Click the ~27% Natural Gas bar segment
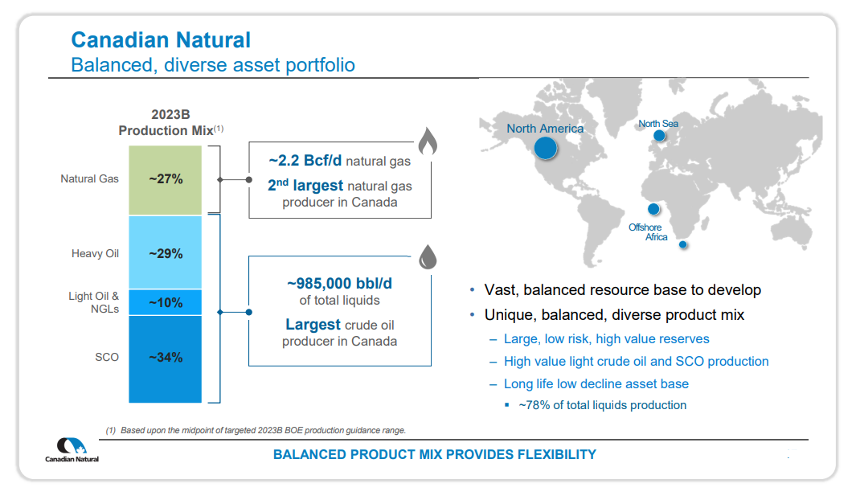coord(166,179)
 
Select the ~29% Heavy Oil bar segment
coord(166,253)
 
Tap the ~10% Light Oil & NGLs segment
coord(166,303)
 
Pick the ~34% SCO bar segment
coord(166,358)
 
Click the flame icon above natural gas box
coord(427,143)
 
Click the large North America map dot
coord(546,147)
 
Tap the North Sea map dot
coord(659,136)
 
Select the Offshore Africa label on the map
coord(647,232)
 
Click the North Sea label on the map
coord(658,124)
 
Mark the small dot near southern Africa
coord(683,244)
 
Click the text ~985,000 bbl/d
coord(339,283)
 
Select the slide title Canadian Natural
coord(161,40)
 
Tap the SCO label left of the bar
coord(107,357)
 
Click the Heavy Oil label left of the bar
coord(95,254)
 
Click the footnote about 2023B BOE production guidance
coord(256,431)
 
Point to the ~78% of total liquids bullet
coord(602,405)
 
